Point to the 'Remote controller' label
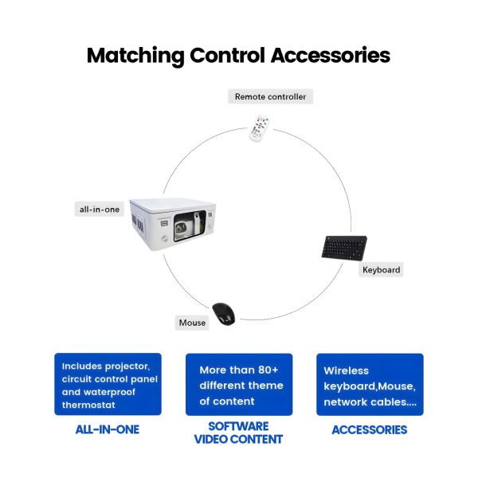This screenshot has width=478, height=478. tap(270, 96)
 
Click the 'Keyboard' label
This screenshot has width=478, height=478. tap(381, 270)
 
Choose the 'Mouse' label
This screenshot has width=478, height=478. tap(193, 323)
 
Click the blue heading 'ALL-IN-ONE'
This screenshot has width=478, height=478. tap(108, 429)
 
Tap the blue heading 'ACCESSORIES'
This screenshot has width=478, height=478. tap(370, 429)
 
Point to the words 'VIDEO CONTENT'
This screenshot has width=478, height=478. tap(239, 439)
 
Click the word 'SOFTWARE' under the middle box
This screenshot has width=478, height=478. tap(239, 425)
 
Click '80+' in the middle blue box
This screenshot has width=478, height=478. tap(266, 370)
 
